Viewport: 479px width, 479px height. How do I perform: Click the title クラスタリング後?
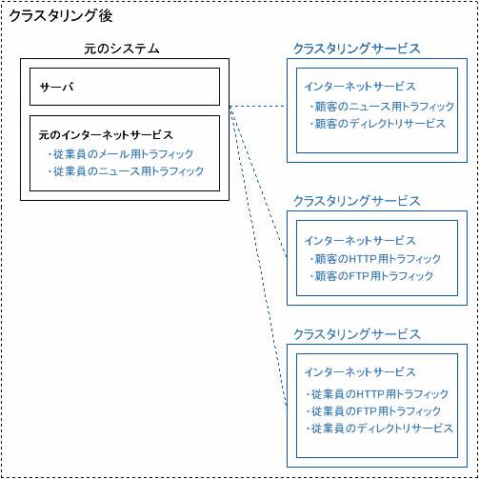(x=61, y=16)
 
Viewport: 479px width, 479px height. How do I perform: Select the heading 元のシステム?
(x=122, y=49)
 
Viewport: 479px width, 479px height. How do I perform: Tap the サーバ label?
(x=56, y=87)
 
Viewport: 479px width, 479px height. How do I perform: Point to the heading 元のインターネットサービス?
(x=106, y=135)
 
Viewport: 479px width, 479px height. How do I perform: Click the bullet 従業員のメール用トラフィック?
(x=121, y=154)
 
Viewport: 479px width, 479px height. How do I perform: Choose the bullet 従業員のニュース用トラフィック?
(x=126, y=171)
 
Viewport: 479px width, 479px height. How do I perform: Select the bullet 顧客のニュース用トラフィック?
(x=382, y=107)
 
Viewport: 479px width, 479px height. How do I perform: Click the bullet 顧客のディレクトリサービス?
(x=377, y=124)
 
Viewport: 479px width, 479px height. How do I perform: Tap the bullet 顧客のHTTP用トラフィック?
(x=375, y=259)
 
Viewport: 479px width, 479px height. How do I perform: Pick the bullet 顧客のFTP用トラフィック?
(x=371, y=276)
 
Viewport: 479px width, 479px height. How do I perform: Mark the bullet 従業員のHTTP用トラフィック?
(x=377, y=394)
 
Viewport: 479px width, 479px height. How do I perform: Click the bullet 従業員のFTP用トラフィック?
(x=373, y=411)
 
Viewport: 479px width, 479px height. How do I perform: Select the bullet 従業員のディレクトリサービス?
(x=379, y=429)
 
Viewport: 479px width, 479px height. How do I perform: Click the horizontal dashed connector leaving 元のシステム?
(x=258, y=106)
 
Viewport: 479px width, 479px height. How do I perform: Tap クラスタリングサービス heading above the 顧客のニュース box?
(x=357, y=49)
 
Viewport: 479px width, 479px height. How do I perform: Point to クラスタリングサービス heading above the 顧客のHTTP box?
(x=357, y=201)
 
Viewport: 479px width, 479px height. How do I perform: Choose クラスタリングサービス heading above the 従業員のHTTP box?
(x=357, y=334)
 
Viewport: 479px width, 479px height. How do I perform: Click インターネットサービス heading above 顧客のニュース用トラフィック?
(x=360, y=87)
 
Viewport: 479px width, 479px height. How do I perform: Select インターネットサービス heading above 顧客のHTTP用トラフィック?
(x=360, y=241)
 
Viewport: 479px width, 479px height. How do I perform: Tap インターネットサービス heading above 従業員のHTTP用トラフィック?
(x=360, y=372)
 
